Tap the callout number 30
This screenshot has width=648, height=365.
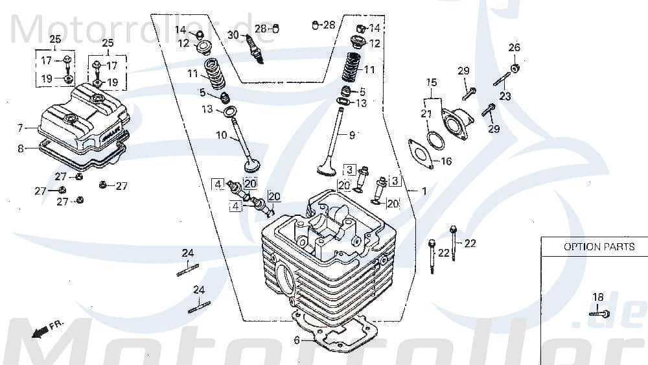point(233,34)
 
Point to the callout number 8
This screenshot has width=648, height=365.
point(20,148)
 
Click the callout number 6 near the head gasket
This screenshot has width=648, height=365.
point(297,340)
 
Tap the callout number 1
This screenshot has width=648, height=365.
point(424,192)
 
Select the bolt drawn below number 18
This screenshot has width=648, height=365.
point(599,314)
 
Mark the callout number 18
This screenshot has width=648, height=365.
point(598,298)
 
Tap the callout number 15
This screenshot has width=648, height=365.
point(432,82)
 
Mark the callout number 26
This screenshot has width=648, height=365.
point(514,47)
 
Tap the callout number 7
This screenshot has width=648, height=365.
point(20,128)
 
